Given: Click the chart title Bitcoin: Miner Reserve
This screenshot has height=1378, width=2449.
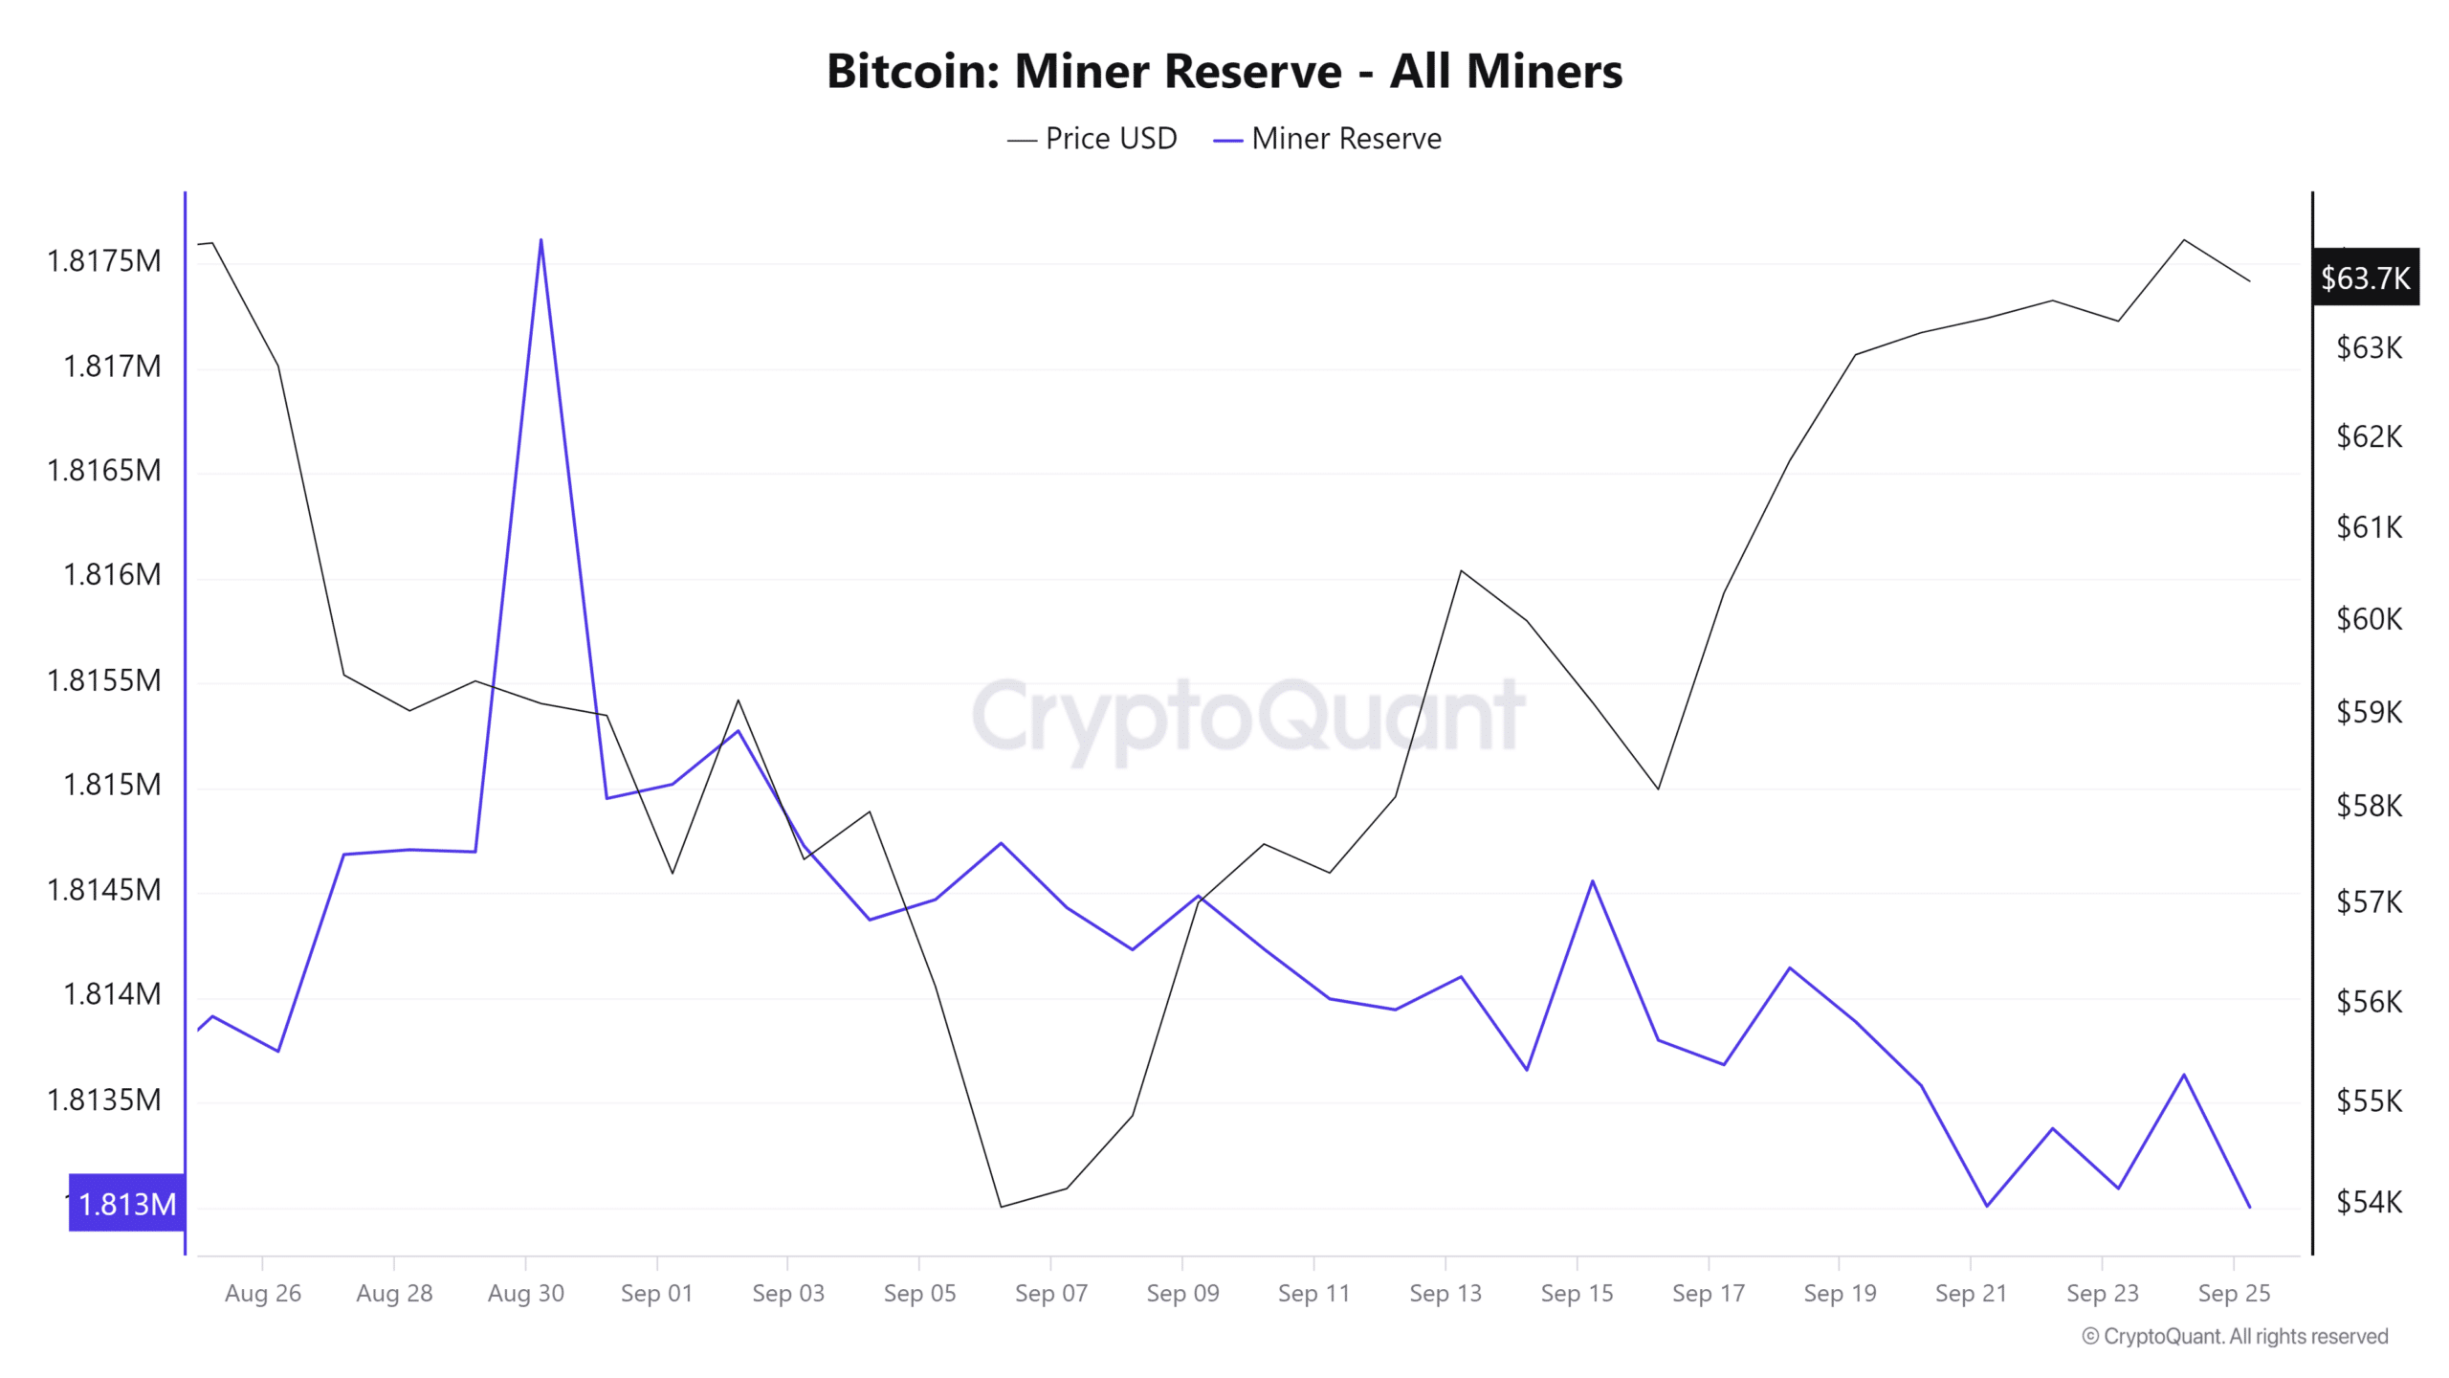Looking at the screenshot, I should (1224, 72).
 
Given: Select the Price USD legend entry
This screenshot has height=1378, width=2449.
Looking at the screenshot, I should (1092, 139).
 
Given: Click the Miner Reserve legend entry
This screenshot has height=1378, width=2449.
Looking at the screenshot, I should (1328, 139).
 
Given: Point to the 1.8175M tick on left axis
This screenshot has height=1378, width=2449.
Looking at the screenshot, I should (104, 260).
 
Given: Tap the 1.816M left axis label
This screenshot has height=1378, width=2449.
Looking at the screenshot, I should (112, 574).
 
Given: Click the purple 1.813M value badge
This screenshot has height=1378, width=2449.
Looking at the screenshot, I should (126, 1203).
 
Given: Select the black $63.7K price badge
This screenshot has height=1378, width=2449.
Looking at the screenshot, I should (2365, 278).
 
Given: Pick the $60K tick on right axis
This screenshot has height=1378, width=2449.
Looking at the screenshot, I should (2369, 619).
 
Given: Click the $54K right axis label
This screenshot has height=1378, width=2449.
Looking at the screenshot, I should (2369, 1201).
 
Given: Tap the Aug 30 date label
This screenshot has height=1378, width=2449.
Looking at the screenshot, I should (525, 1293).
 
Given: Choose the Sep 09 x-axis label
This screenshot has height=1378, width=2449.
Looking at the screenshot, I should (1182, 1293).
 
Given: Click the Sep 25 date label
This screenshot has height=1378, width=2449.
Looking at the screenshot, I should (2233, 1293).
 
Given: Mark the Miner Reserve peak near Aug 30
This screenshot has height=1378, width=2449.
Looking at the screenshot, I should (541, 240).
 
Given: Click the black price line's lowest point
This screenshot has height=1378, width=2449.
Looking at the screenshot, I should (1002, 1206).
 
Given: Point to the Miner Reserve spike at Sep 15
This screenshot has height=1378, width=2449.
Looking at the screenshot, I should (1593, 881).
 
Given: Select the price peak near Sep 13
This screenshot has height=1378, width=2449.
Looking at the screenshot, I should (1461, 571).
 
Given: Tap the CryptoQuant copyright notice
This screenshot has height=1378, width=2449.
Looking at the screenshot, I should (2234, 1336).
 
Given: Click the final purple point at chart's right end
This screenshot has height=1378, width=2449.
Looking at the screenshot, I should (2249, 1207).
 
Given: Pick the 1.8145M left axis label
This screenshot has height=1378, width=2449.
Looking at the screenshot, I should (104, 890).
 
